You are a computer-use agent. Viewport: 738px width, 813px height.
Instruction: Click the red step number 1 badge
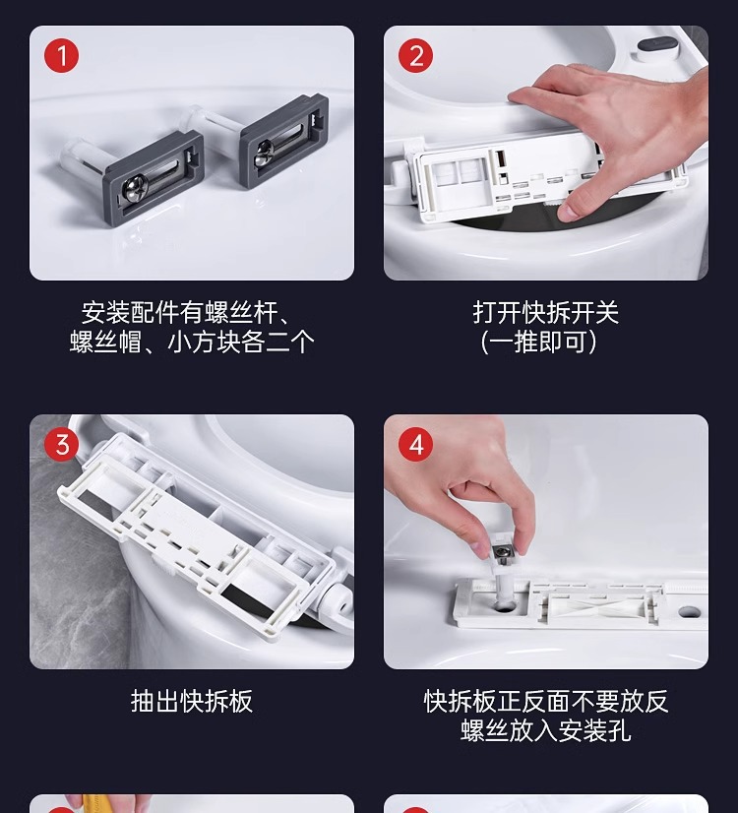tap(61, 55)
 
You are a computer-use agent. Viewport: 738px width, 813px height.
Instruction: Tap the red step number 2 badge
tap(415, 55)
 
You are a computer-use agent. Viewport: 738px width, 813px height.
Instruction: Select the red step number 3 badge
tap(61, 444)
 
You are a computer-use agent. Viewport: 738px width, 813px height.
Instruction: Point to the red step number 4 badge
tap(415, 444)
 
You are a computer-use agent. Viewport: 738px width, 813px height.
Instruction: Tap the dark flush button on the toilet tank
tap(656, 46)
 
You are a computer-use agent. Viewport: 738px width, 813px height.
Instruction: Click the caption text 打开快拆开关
tap(546, 313)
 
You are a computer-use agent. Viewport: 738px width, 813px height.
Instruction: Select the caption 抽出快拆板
tap(192, 702)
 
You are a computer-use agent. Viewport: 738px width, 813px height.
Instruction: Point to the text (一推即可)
tap(539, 343)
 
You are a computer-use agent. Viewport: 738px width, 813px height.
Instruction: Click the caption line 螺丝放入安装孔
tap(546, 730)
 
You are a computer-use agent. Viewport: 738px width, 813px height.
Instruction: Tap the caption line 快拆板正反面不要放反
tap(546, 702)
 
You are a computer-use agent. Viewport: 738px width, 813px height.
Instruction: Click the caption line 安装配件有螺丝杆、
tap(185, 313)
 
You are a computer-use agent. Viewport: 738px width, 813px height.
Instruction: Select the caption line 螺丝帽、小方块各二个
tap(192, 343)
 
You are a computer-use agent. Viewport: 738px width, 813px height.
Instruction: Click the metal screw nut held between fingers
tap(501, 554)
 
